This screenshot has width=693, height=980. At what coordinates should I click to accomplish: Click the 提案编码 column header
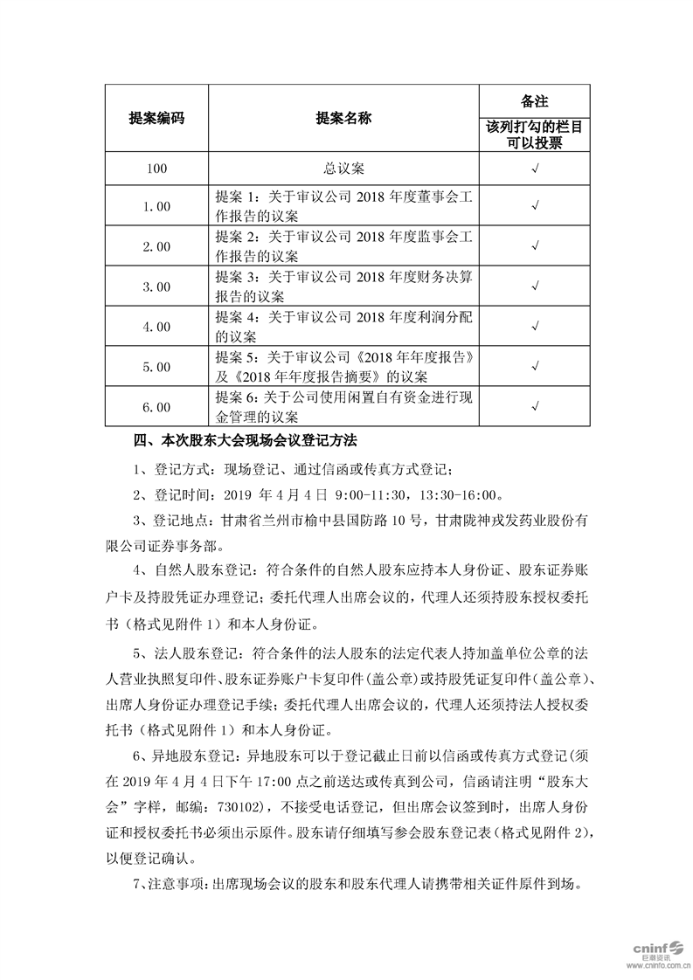(x=156, y=119)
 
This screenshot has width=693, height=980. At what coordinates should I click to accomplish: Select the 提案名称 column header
(x=343, y=119)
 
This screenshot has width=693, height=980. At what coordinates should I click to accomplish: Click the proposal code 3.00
(x=156, y=286)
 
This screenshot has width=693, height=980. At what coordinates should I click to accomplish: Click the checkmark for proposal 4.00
(x=534, y=326)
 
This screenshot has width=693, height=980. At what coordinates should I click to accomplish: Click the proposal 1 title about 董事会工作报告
(x=343, y=205)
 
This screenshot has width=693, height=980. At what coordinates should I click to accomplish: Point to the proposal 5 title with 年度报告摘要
(x=343, y=367)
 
